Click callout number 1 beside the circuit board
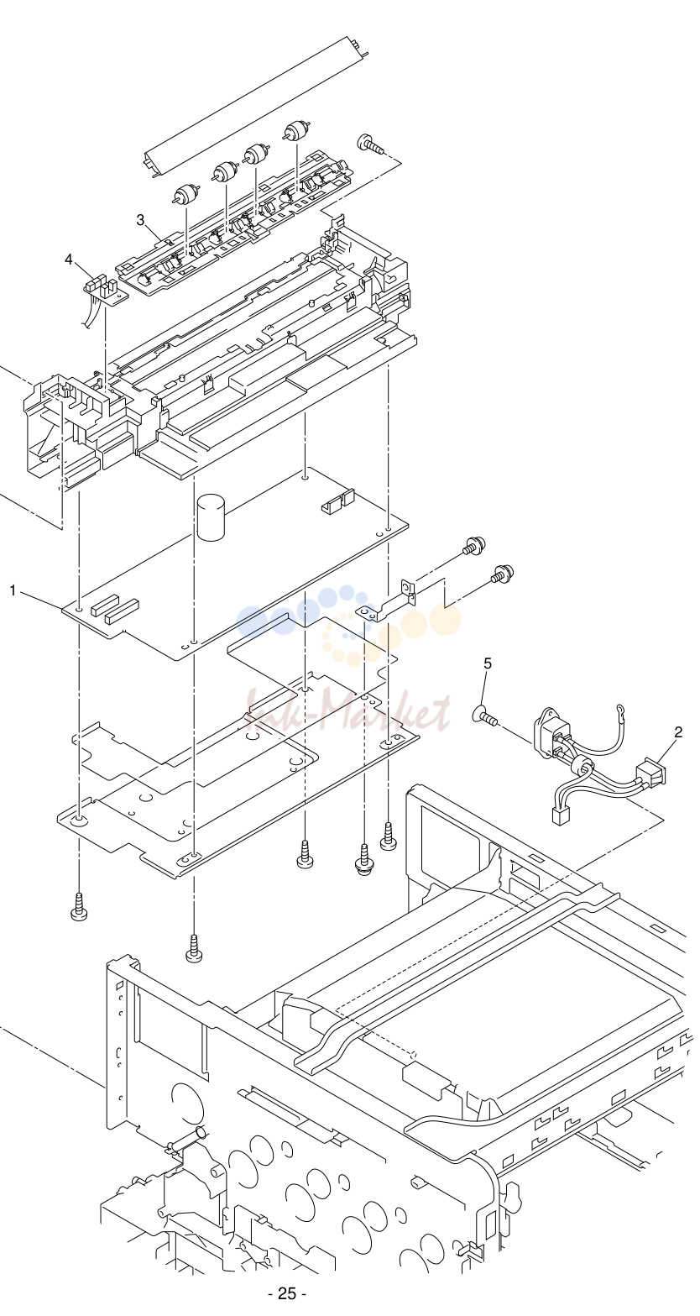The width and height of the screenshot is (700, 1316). coord(13,590)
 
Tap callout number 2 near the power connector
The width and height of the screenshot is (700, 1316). coord(678,732)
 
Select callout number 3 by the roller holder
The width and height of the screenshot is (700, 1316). coord(141,220)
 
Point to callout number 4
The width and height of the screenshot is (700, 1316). coord(70,260)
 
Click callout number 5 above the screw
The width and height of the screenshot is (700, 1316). coord(488,663)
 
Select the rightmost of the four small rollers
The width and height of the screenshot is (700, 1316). coord(294,130)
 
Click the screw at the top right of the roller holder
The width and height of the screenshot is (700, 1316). coord(368,144)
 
